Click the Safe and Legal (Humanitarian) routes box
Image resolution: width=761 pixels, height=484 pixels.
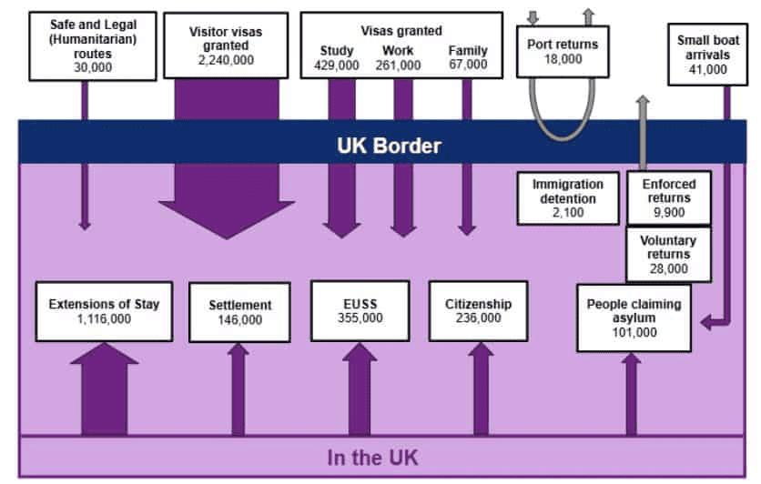(x=85, y=45)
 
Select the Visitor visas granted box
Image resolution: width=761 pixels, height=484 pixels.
(x=226, y=45)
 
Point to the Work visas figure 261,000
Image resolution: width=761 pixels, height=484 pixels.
(x=401, y=65)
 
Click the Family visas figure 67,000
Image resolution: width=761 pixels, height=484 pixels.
(x=468, y=65)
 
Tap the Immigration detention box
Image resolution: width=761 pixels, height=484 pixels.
(x=567, y=197)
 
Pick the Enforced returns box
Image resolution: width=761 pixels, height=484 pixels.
(x=669, y=198)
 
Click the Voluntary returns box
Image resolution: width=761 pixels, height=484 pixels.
(x=669, y=255)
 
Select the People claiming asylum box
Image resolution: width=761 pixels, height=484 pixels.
(x=634, y=318)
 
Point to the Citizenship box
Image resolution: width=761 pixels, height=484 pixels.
(x=479, y=310)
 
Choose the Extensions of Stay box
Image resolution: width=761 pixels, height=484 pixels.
(x=104, y=311)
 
